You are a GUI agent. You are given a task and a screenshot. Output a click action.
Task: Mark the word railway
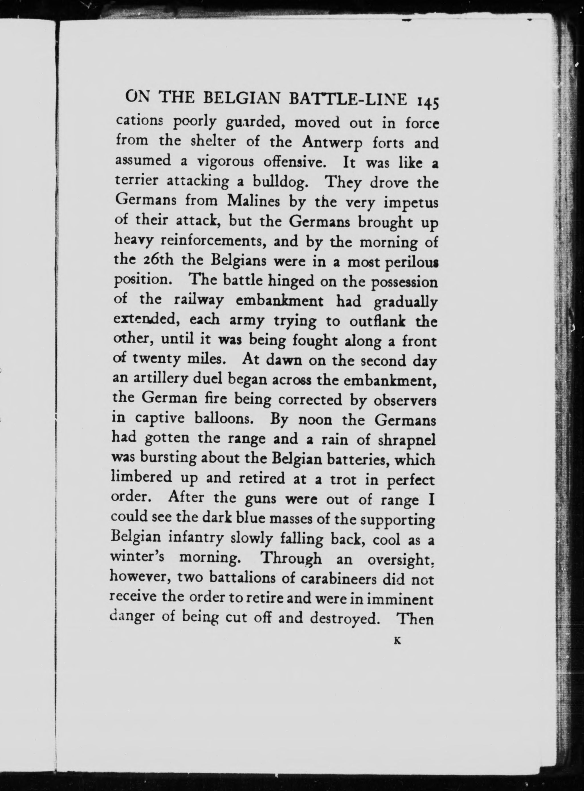(x=199, y=301)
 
